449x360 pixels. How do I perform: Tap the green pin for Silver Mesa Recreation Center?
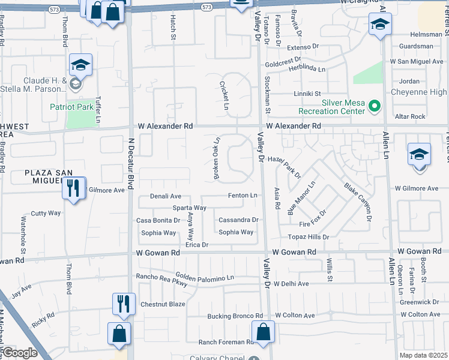pos(375,107)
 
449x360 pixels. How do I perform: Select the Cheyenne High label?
pos(419,92)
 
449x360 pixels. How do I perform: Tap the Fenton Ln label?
pos(243,196)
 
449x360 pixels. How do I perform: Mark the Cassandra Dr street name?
pos(238,220)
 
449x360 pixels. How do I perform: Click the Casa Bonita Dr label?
pos(158,220)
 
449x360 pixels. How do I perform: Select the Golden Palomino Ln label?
pos(205,278)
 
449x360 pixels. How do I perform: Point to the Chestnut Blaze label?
pos(163,304)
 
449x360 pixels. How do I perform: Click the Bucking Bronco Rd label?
pos(235,316)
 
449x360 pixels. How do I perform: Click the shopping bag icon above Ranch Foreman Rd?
pos(263,332)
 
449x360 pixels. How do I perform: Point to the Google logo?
pos(19,353)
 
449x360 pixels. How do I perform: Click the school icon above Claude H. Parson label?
pos(80,65)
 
